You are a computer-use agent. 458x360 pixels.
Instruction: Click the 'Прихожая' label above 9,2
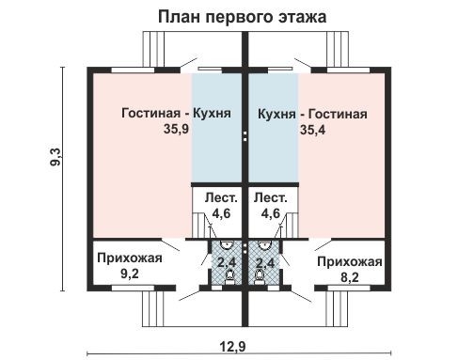click(x=130, y=259)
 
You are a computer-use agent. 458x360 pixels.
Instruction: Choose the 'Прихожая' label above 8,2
click(x=349, y=261)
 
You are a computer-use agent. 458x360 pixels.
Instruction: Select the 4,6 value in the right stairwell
click(x=271, y=213)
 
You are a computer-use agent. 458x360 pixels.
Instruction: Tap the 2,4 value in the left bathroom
click(x=227, y=262)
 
